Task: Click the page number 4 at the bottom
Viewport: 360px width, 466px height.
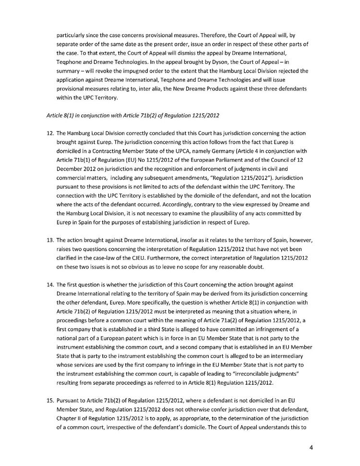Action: pyautogui.click(x=311, y=448)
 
